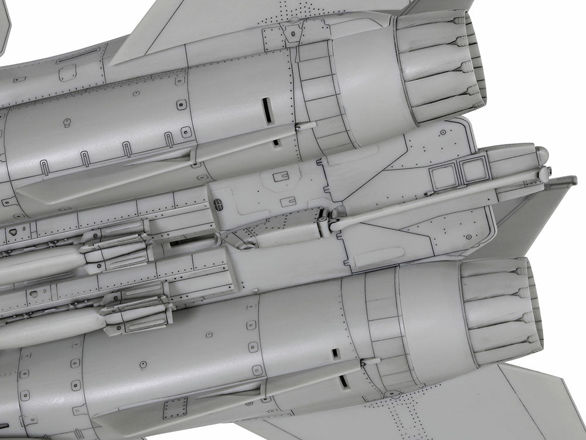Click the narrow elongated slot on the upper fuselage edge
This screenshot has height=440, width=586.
(79, 54)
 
